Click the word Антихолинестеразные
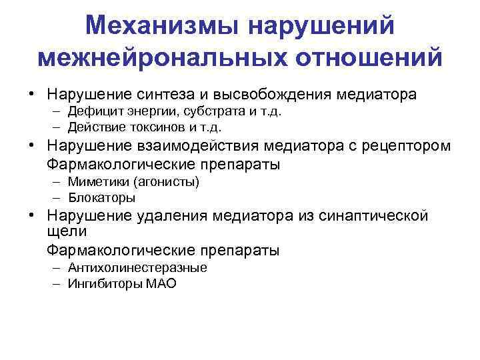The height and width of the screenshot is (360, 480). pyautogui.click(x=137, y=267)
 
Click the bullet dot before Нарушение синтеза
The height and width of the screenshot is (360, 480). pyautogui.click(x=31, y=95)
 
